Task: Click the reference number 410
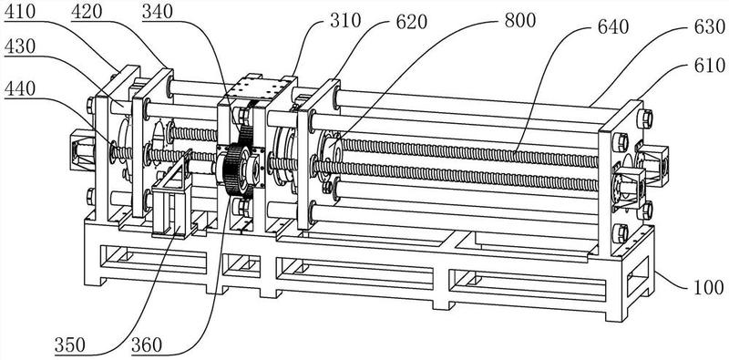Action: coord(20,12)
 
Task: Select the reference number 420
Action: coord(87,12)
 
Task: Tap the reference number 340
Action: coord(158,12)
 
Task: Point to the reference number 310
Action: coord(345,20)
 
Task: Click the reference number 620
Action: coord(411,21)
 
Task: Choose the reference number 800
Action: coord(519,20)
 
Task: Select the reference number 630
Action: coord(710,27)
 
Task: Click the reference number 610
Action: coord(710,66)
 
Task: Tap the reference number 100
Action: coord(709,287)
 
